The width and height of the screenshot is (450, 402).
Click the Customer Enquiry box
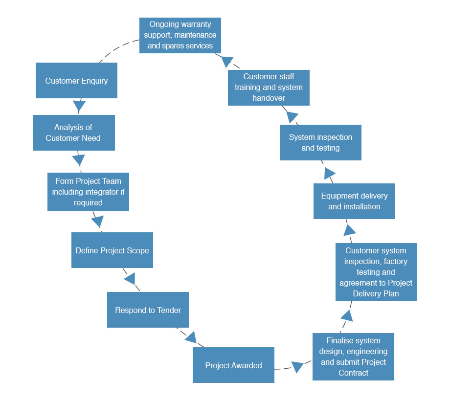[76, 81]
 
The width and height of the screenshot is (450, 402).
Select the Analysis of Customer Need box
[74, 133]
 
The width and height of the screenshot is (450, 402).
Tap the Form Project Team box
[88, 192]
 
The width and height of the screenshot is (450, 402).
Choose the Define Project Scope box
[112, 250]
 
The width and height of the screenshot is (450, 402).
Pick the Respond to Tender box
[148, 310]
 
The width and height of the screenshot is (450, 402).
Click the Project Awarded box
[233, 365]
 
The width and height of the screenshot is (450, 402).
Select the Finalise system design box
[353, 357]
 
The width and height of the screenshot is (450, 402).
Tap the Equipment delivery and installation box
[354, 201]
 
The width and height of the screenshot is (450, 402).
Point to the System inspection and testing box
[320, 142]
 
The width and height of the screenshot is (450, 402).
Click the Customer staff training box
[269, 88]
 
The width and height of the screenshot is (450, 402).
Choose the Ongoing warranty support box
[180, 35]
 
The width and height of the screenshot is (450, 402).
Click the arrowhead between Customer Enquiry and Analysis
[79, 106]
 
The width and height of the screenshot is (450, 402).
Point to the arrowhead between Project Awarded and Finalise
[298, 367]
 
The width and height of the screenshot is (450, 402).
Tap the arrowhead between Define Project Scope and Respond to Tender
[130, 279]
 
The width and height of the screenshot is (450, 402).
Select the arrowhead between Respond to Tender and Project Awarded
[190, 337]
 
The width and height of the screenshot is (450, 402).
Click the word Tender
[169, 310]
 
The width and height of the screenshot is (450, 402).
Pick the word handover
[269, 98]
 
